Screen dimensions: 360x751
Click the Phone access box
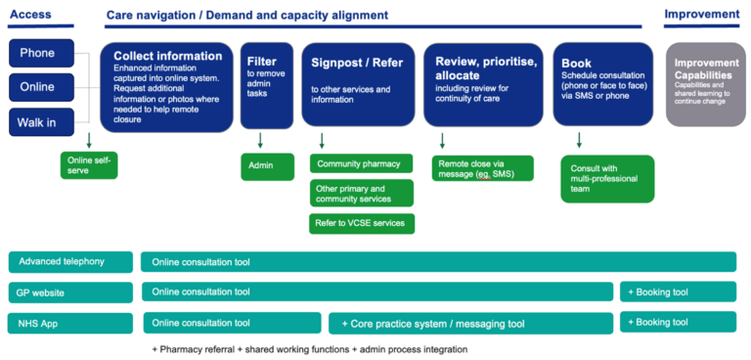[37, 53]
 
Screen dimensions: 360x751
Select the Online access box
[37, 87]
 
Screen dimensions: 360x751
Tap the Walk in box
[37, 122]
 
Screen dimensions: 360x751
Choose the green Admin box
[267, 166]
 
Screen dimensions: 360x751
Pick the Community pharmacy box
[361, 163]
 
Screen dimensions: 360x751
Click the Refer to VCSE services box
[362, 223]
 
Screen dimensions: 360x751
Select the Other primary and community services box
[362, 193]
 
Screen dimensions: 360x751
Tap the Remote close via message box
[482, 167]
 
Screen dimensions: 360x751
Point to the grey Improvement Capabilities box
[705, 84]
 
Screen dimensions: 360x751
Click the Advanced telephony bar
[70, 262]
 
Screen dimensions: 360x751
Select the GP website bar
[70, 292]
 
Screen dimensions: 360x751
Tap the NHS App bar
[70, 323]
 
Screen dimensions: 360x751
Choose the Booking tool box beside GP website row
[678, 292]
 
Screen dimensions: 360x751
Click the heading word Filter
[261, 62]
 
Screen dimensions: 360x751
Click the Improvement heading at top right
[701, 15]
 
